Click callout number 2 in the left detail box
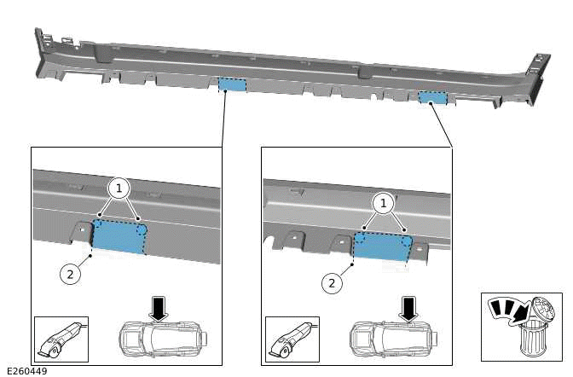[72, 275]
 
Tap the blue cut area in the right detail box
[383, 246]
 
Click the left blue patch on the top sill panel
[232, 84]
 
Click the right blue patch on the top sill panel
[432, 97]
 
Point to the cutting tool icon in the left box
[61, 339]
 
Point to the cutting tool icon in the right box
[291, 339]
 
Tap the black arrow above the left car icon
[158, 307]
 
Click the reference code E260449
[26, 371]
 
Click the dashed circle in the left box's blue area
[142, 229]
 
